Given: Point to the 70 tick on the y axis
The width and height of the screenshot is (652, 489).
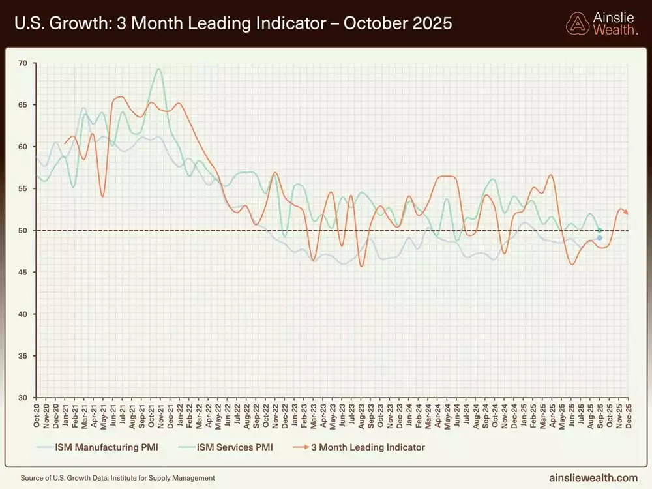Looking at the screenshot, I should point(23,63).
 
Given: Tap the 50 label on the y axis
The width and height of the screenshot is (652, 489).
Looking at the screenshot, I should point(23,231).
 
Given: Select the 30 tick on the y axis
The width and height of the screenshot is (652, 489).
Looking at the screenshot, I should point(23,398).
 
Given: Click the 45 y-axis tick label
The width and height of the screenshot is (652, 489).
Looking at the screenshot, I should point(23,273).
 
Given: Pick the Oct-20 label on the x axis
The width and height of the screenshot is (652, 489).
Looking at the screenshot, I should point(37,415).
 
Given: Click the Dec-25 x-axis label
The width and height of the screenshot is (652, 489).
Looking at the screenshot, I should point(627,415).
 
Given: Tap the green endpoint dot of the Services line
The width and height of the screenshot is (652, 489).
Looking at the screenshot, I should point(599,230).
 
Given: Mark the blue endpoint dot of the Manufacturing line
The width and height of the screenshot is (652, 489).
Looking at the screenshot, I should point(599,238).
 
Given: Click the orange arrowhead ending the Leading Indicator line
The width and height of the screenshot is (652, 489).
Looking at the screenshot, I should point(625,212).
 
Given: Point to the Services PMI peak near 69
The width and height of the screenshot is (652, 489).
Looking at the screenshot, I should point(158,70).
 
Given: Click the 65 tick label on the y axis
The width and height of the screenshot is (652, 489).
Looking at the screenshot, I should point(23,105).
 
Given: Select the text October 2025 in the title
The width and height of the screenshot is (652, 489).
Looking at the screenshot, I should point(397,24).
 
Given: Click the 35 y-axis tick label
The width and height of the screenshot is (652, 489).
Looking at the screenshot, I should point(23,356).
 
